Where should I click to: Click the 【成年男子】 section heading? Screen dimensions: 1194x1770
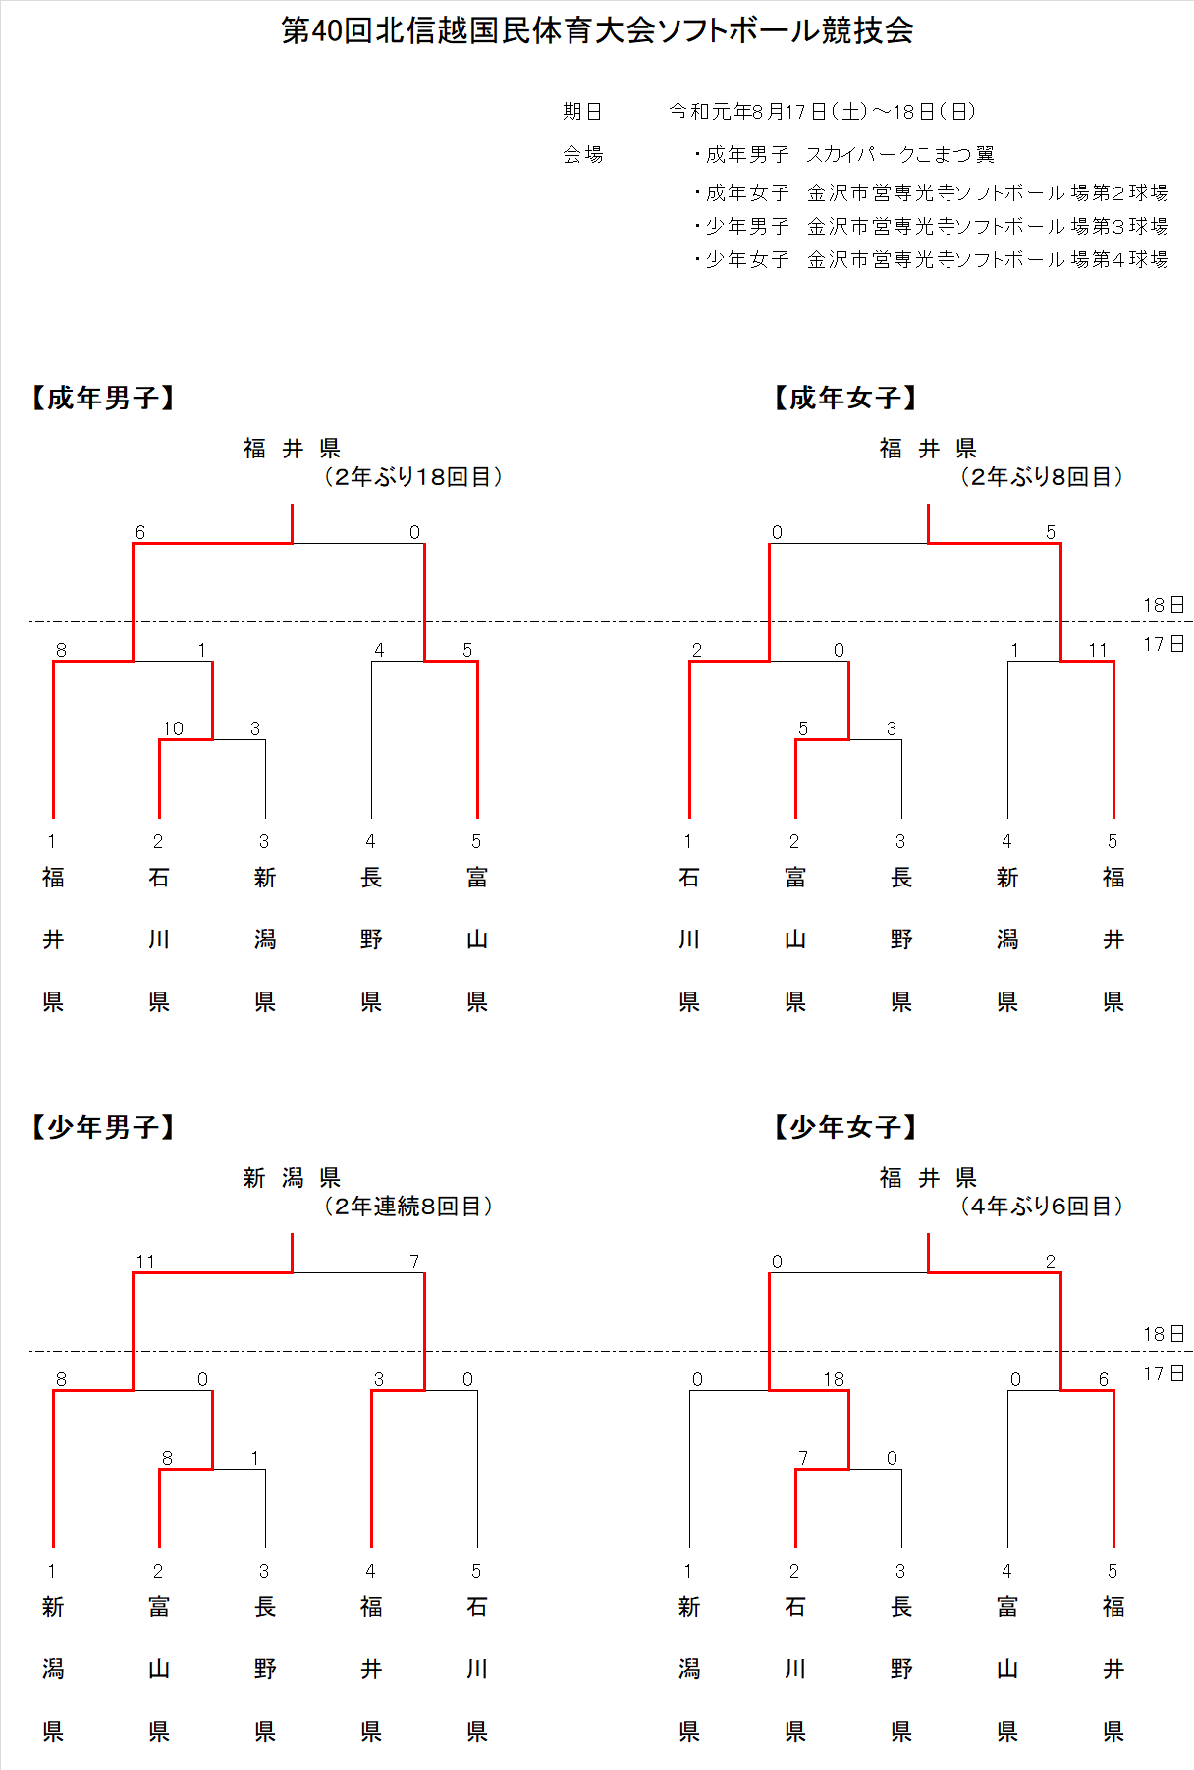[x=103, y=398]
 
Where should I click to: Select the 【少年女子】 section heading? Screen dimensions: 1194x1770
[x=845, y=1127]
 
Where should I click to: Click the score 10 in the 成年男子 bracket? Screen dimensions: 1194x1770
[x=173, y=728]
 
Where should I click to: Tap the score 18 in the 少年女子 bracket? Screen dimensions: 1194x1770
[x=834, y=1379]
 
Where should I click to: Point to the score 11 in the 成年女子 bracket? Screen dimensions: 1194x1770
[x=1098, y=650]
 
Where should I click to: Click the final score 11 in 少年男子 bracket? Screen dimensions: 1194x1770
[x=145, y=1261]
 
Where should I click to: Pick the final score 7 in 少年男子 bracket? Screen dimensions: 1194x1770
[x=414, y=1261]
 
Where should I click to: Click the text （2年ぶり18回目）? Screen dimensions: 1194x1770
[x=413, y=477]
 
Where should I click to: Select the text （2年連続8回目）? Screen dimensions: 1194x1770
[x=408, y=1207]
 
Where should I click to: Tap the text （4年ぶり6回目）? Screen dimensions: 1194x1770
[x=1042, y=1207]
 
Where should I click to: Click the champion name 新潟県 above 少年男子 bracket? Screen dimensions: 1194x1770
[x=292, y=1178]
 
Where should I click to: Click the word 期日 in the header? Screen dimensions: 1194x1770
[x=582, y=112]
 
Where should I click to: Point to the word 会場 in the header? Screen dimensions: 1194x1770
[x=582, y=154]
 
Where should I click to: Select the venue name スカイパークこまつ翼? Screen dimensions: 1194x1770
[x=900, y=154]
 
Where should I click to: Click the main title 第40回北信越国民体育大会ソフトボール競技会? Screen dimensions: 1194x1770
[x=597, y=30]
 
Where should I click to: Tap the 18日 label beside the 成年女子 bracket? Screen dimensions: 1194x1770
[x=1164, y=605]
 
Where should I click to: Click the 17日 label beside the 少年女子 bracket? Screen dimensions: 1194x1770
[x=1164, y=1373]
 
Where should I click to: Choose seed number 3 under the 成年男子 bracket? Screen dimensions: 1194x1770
[x=264, y=841]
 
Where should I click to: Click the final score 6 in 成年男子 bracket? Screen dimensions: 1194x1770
[x=140, y=532]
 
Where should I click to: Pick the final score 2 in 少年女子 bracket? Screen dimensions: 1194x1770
[x=1051, y=1261]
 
